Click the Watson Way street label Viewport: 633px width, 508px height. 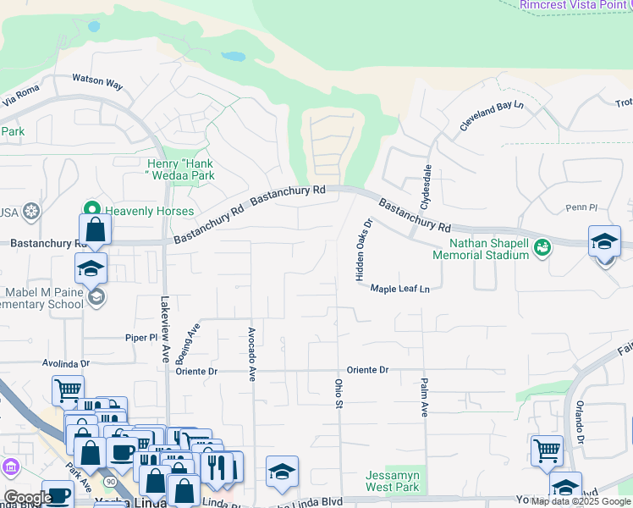click(x=97, y=83)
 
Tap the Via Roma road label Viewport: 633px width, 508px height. click(x=21, y=99)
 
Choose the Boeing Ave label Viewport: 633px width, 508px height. click(x=195, y=338)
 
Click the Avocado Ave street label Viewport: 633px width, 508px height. click(x=251, y=354)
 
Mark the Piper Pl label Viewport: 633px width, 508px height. click(x=142, y=337)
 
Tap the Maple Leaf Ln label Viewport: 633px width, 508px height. click(x=399, y=289)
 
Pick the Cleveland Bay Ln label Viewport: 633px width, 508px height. click(x=492, y=116)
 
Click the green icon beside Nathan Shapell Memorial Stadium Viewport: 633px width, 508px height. click(x=542, y=247)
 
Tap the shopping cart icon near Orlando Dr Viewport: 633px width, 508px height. click(x=547, y=450)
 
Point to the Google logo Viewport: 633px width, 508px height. click(x=26, y=499)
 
